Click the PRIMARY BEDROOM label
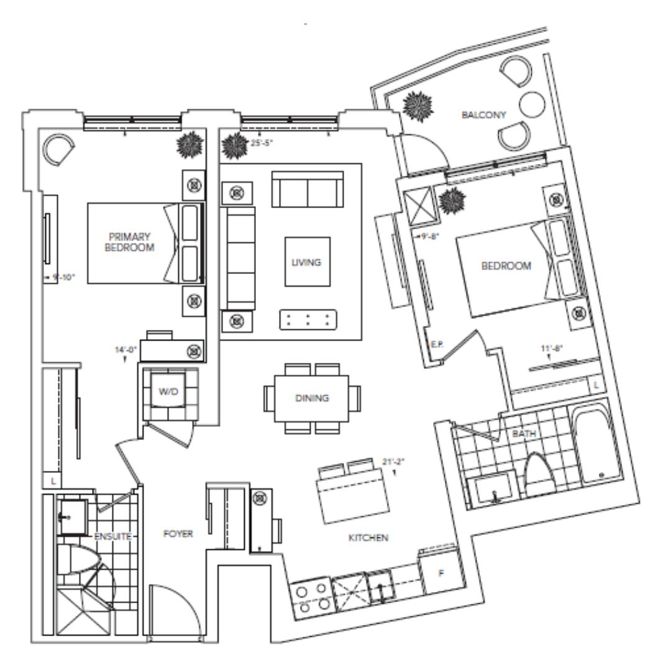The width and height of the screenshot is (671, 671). click(x=130, y=242)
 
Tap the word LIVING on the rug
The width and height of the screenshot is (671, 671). click(x=306, y=262)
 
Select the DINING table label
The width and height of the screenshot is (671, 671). click(x=312, y=398)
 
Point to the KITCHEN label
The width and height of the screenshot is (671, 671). click(x=368, y=537)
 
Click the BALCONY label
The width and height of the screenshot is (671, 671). click(x=484, y=115)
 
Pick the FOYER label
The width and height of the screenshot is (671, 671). click(x=178, y=534)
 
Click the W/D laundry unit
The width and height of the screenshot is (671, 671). click(x=169, y=392)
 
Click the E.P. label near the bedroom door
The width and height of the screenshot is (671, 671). click(x=436, y=345)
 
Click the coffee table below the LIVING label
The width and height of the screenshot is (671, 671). click(x=308, y=320)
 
